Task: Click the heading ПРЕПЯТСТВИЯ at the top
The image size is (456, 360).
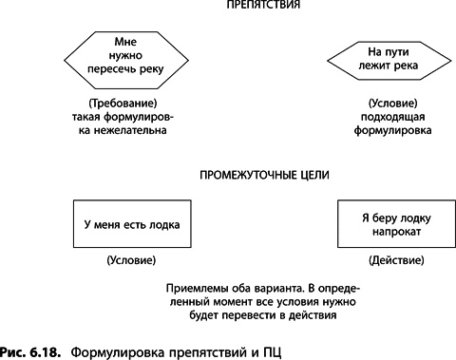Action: coord(251,7)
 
